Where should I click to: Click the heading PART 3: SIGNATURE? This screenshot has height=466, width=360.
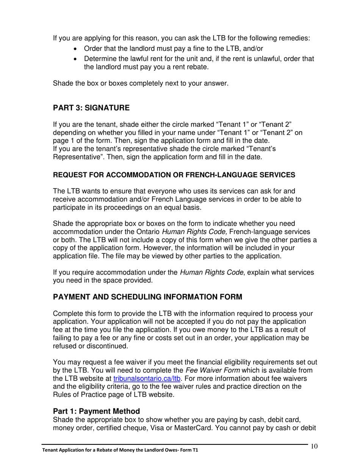coord(91,108)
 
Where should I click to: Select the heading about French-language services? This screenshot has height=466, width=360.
coord(174,175)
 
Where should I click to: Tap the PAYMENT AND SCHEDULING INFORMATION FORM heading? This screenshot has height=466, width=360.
coord(147,297)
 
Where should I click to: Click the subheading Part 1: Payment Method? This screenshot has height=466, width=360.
coord(96,411)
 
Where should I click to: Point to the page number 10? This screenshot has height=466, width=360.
coord(314,446)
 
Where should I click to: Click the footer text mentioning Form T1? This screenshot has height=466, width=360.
coord(120,450)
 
